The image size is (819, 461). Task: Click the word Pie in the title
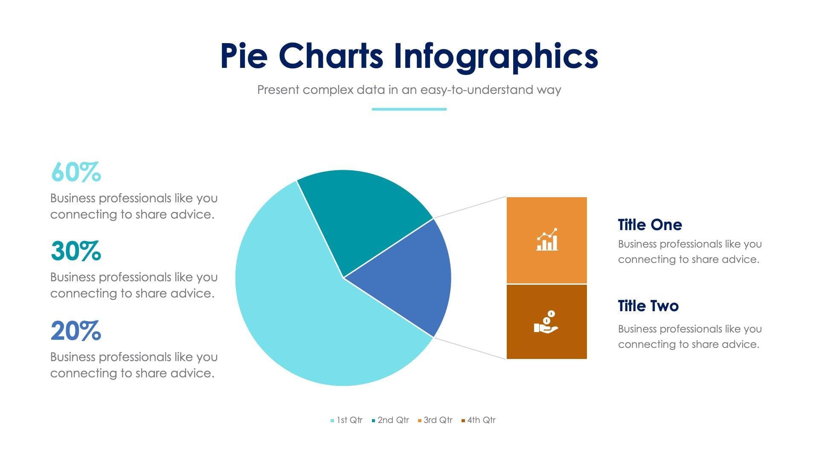click(244, 56)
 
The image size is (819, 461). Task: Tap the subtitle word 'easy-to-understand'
click(476, 90)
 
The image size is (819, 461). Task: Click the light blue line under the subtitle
click(409, 109)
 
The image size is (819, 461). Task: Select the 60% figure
click(76, 172)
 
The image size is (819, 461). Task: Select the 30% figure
click(76, 251)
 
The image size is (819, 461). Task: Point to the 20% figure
click(76, 331)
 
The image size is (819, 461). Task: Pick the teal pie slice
click(363, 213)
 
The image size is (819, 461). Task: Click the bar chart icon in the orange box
click(547, 239)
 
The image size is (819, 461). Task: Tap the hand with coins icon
click(546, 322)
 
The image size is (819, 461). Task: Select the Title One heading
click(650, 225)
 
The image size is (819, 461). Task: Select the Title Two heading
click(648, 306)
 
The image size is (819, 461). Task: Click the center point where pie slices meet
click(343, 278)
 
